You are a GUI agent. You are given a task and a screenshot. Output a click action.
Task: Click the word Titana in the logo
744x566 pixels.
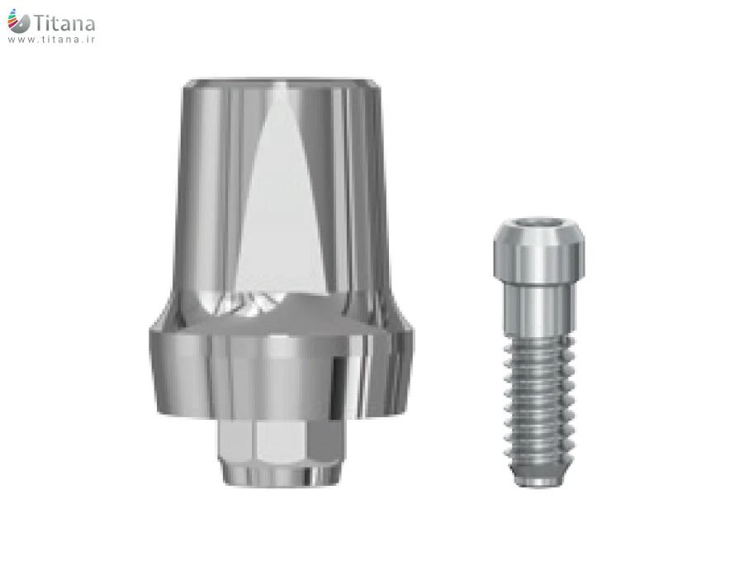point(64,22)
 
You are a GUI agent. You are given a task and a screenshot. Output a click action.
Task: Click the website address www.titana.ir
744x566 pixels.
point(51,40)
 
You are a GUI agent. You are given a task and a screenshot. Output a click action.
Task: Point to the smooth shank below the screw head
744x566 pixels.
point(539,309)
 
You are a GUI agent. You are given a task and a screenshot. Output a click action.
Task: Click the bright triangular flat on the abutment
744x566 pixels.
point(279,199)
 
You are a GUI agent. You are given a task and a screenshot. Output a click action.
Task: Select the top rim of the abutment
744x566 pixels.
point(281,83)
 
